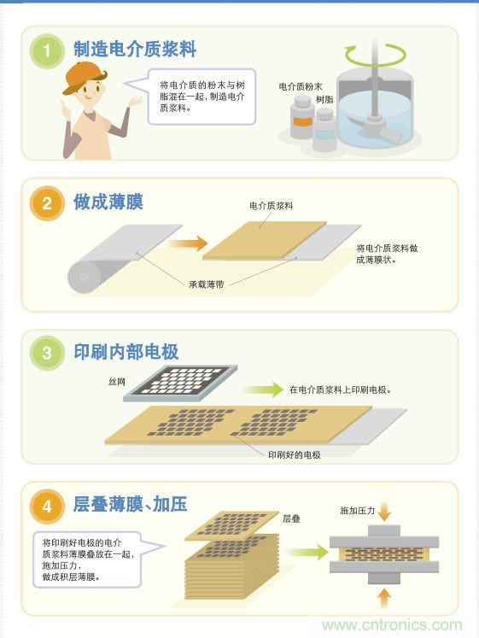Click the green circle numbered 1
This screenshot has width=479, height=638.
(48, 51)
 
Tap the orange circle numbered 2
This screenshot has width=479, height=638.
(48, 203)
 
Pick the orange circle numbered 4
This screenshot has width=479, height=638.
(48, 506)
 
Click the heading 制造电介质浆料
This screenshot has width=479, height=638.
(134, 50)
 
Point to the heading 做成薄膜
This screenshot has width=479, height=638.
(108, 202)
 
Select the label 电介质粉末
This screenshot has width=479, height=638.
(300, 87)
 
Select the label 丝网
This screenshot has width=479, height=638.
(116, 381)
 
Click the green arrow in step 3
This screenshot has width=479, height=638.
(266, 389)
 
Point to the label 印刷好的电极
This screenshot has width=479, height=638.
(294, 454)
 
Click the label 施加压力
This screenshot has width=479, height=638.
(357, 511)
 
